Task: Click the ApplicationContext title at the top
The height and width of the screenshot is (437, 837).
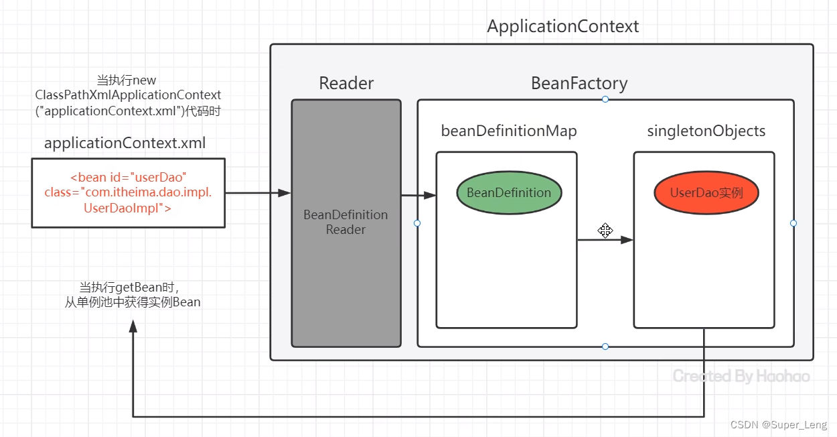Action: pyautogui.click(x=562, y=27)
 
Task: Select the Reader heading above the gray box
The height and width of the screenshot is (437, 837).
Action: pyautogui.click(x=346, y=83)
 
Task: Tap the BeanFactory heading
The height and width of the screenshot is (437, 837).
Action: pyautogui.click(x=579, y=83)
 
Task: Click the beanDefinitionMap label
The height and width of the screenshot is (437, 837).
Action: pyautogui.click(x=509, y=131)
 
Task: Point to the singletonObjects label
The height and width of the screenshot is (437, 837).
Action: pyautogui.click(x=706, y=131)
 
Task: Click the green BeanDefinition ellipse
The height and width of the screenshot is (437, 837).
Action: pyautogui.click(x=509, y=192)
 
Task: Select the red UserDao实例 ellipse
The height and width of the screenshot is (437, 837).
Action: pyautogui.click(x=706, y=192)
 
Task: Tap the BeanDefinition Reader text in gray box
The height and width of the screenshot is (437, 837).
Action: pyautogui.click(x=346, y=222)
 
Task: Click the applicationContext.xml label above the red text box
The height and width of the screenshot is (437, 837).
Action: pyautogui.click(x=125, y=143)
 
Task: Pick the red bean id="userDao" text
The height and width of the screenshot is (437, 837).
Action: pyautogui.click(x=128, y=177)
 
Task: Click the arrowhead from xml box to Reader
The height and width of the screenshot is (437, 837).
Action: pyautogui.click(x=285, y=193)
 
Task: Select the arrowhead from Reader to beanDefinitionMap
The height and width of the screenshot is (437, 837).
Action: pyautogui.click(x=430, y=195)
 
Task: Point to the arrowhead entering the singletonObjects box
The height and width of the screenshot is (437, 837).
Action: pyautogui.click(x=627, y=240)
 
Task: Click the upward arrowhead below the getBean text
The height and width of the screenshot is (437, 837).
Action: pyautogui.click(x=133, y=326)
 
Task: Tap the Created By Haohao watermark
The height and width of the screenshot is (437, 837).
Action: pyautogui.click(x=741, y=376)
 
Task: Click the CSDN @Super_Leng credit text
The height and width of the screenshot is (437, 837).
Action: pyautogui.click(x=779, y=425)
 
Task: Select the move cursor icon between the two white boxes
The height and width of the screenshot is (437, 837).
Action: pyautogui.click(x=605, y=230)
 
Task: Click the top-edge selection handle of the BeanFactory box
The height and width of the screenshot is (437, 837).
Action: pyautogui.click(x=605, y=99)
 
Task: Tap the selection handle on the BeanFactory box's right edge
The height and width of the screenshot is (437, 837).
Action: pyautogui.click(x=793, y=223)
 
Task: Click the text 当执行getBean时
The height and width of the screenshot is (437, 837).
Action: pyautogui.click(x=129, y=288)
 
